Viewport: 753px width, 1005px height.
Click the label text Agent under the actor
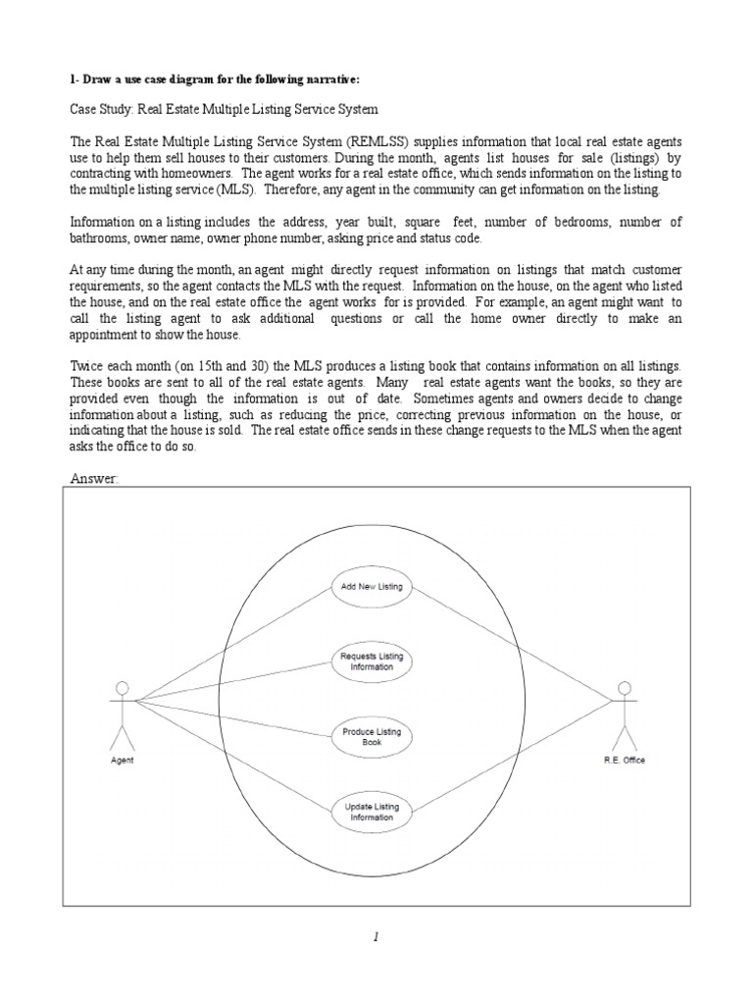[123, 761]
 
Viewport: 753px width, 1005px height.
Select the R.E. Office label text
[626, 761]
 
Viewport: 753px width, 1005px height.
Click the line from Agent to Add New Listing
[235, 643]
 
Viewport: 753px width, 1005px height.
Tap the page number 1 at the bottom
[376, 937]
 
